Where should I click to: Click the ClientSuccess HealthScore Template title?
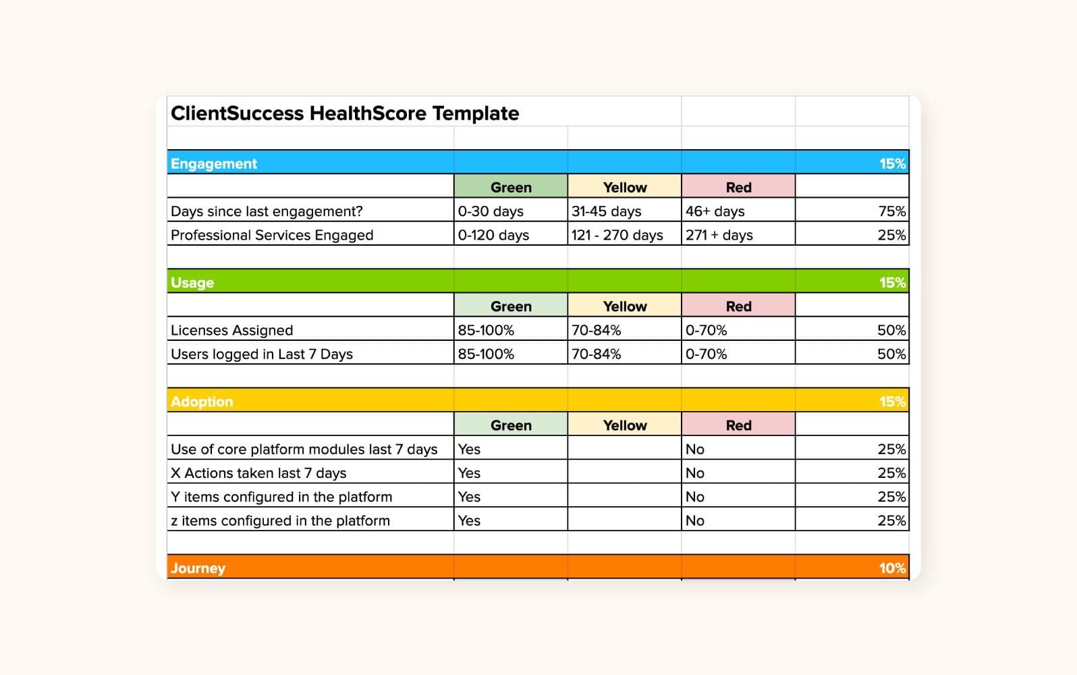(x=344, y=113)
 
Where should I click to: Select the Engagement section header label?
(x=214, y=164)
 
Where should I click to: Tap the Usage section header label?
(x=192, y=283)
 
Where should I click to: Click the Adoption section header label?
(x=202, y=402)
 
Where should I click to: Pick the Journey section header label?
(x=198, y=568)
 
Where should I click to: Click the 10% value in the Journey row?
(x=891, y=568)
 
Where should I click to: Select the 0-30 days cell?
(x=491, y=211)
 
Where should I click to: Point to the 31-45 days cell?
(x=606, y=211)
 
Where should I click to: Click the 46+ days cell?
(x=715, y=211)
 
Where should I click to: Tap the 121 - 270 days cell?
(x=617, y=236)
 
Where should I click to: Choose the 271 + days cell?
(x=719, y=236)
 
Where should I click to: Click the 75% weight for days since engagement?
(x=891, y=211)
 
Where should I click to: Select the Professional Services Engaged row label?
(x=272, y=236)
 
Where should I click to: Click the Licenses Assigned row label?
(x=231, y=331)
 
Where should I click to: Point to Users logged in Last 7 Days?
(x=262, y=354)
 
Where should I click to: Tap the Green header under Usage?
(x=511, y=306)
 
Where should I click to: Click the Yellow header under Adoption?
(x=624, y=426)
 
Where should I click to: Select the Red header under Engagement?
(x=738, y=188)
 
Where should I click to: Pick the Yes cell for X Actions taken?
(x=469, y=473)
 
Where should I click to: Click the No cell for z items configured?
(x=694, y=521)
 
